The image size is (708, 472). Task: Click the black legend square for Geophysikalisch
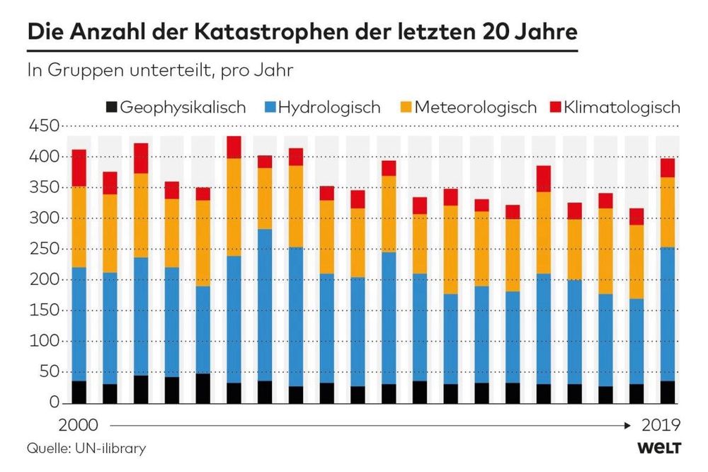110,108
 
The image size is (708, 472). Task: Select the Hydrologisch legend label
329,108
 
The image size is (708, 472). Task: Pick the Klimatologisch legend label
622,108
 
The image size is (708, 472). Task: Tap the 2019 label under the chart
661,425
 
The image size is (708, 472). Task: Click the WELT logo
658,448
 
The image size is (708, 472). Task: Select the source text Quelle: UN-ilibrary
86,448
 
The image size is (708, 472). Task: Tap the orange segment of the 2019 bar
668,212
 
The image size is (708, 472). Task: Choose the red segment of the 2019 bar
668,167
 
